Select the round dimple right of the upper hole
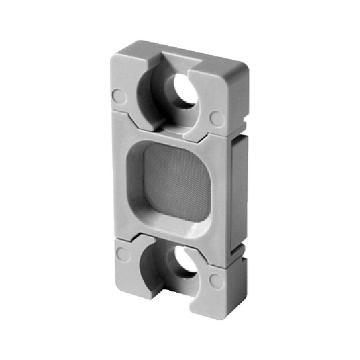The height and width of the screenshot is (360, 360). (217, 118)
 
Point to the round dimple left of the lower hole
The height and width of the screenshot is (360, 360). (122, 254)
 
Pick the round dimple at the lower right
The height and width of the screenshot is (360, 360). (217, 281)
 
